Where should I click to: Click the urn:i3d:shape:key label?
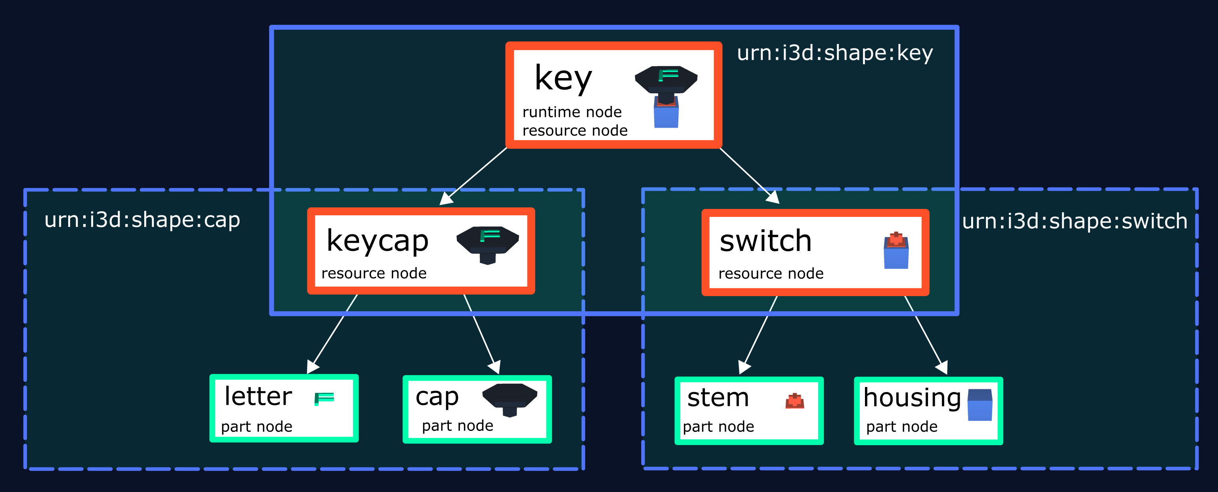click(x=834, y=53)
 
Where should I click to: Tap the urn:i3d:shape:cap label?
click(x=142, y=220)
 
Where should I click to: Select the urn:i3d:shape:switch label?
click(x=1074, y=221)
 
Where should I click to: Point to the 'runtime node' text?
click(x=572, y=112)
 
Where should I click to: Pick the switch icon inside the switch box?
click(x=896, y=251)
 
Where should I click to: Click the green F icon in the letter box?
click(x=325, y=399)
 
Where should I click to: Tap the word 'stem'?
click(x=718, y=397)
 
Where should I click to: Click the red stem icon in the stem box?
click(x=795, y=401)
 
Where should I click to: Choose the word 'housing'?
click(x=912, y=397)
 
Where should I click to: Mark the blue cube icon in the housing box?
click(x=980, y=405)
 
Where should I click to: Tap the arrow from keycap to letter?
click(x=333, y=333)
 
